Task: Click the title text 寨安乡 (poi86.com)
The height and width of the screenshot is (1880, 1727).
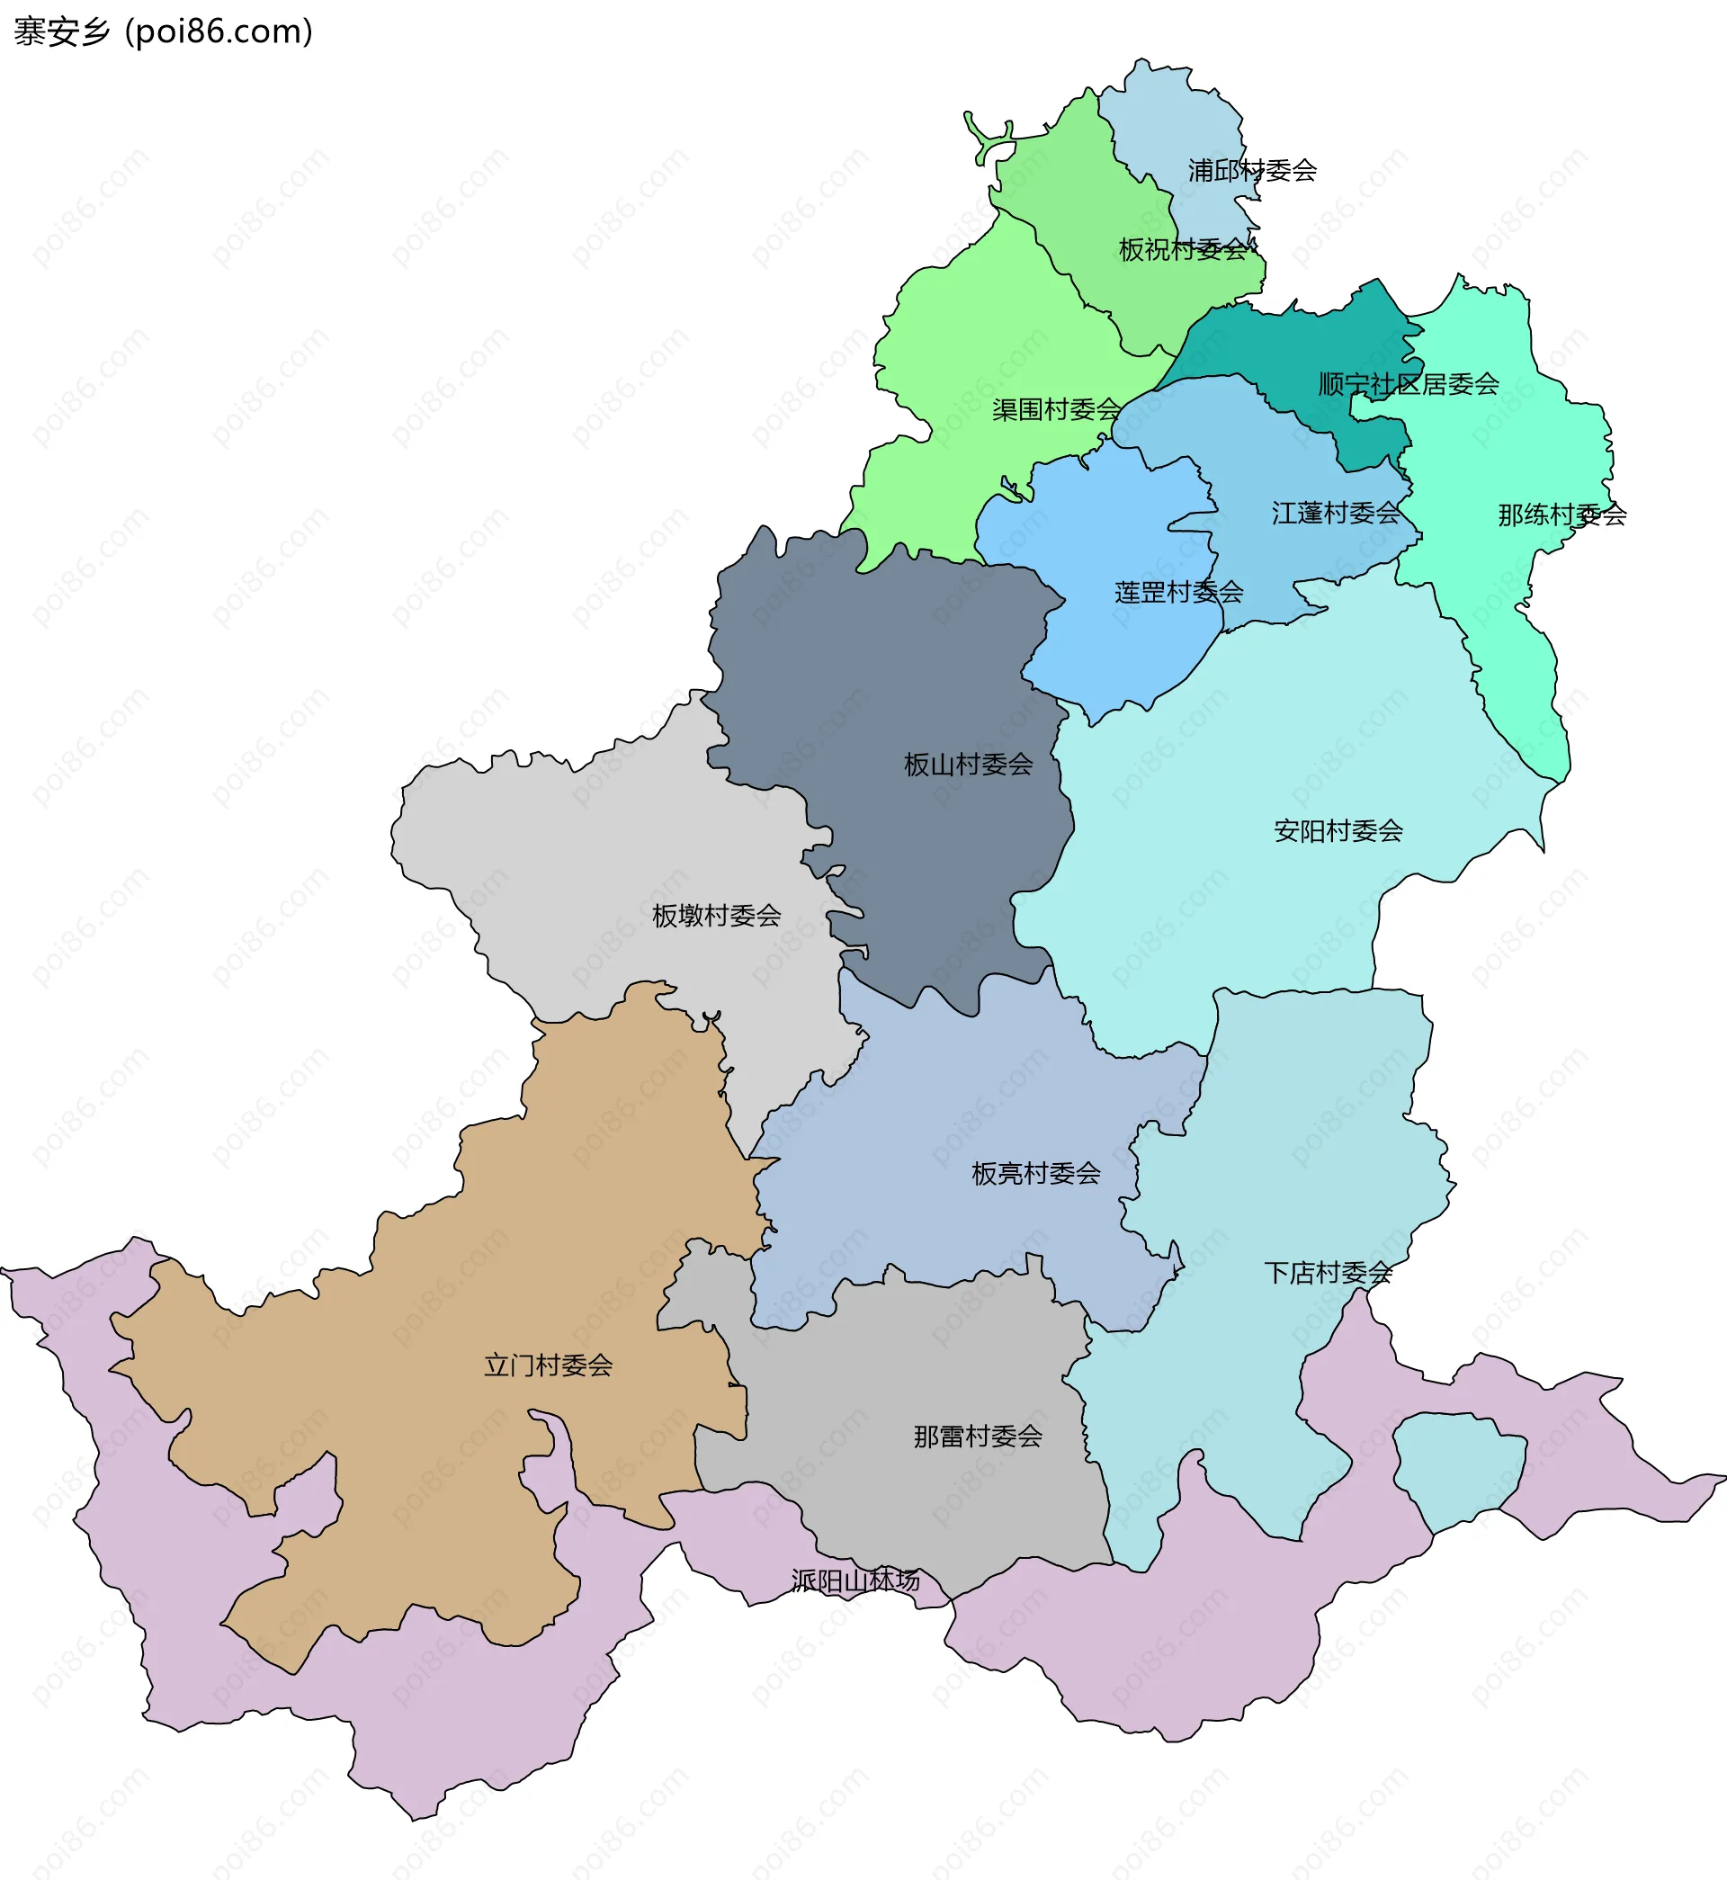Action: pos(164,31)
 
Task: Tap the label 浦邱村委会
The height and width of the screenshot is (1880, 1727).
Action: pos(1252,170)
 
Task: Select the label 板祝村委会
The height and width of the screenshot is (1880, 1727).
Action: pos(1184,249)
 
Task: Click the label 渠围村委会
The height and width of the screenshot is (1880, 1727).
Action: pos(1056,409)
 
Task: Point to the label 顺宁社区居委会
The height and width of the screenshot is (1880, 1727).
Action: pos(1409,384)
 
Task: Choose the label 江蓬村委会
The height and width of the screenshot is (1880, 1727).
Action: pos(1336,513)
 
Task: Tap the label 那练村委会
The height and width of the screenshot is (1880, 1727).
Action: pos(1561,515)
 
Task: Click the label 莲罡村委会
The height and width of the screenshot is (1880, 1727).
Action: pos(1178,593)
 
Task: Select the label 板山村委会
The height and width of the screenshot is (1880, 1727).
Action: pos(968,765)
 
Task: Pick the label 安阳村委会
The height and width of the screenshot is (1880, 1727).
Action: pos(1338,830)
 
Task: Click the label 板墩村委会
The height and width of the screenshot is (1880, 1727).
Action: pos(716,916)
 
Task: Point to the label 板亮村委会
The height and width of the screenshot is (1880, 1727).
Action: pos(1035,1174)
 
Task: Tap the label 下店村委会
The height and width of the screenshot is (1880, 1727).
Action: pos(1328,1273)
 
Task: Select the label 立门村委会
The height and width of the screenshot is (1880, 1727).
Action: pos(548,1366)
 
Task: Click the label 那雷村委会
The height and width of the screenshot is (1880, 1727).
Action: pos(978,1437)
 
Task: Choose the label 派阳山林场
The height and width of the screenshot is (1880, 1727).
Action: pos(855,1581)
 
